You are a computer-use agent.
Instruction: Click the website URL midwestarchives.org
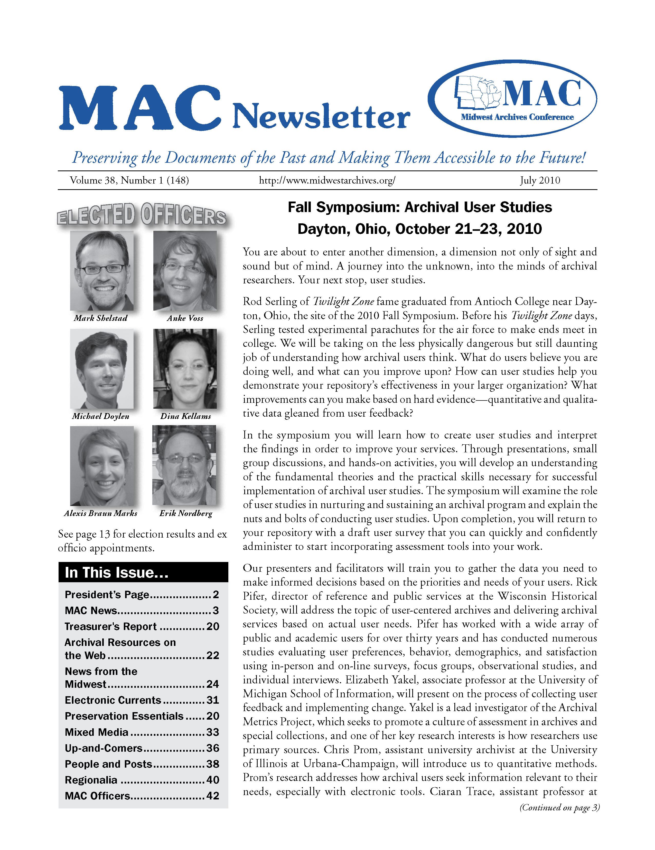click(327, 180)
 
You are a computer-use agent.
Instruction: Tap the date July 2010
click(540, 180)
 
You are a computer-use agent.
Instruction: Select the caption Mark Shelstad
click(100, 318)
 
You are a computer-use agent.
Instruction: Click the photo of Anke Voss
click(185, 271)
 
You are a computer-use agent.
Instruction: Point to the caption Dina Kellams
click(186, 416)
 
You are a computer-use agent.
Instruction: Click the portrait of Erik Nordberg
click(184, 465)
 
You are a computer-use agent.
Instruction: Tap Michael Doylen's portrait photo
click(102, 369)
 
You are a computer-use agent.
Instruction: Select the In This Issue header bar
click(143, 572)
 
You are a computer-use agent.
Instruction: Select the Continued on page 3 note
click(559, 807)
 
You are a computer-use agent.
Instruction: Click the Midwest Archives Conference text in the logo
click(517, 117)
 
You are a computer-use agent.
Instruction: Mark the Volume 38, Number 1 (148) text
click(129, 180)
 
